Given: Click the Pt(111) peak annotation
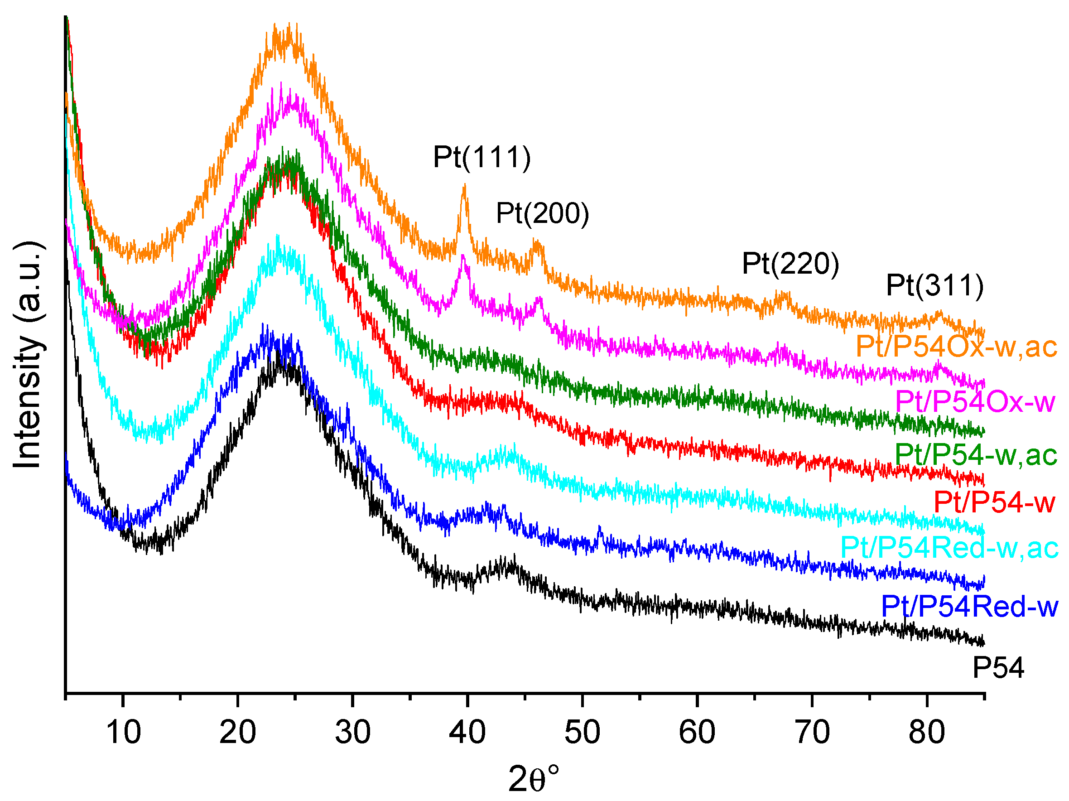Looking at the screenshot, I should pos(482,158).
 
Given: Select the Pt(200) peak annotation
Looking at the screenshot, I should pos(542,214).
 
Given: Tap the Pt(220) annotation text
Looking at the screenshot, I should pos(790,264).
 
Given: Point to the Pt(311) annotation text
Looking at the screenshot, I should pos(934,285).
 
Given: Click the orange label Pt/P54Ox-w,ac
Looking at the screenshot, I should pos(956,347).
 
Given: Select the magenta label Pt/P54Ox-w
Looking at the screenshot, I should pos(975,402).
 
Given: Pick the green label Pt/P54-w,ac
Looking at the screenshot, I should pos(976,455).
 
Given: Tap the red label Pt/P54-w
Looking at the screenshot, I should pos(994,502).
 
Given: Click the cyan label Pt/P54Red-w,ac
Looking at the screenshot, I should pos(949,548).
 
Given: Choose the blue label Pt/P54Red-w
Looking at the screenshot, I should pos(969,607).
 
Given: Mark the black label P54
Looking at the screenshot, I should pos(998,669).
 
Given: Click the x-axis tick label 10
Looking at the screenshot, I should pos(123,732).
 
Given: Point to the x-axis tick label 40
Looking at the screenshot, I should pos(467,732).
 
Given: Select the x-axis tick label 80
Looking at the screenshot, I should pos(926,732).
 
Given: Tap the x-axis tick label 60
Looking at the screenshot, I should pos(697,732).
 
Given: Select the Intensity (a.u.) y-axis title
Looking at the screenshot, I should pos(28,355).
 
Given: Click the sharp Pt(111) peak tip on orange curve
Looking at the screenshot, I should pos(464,185).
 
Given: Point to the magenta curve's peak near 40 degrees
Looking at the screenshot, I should pos(463,256).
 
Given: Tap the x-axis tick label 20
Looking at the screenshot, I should pos(237,732).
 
